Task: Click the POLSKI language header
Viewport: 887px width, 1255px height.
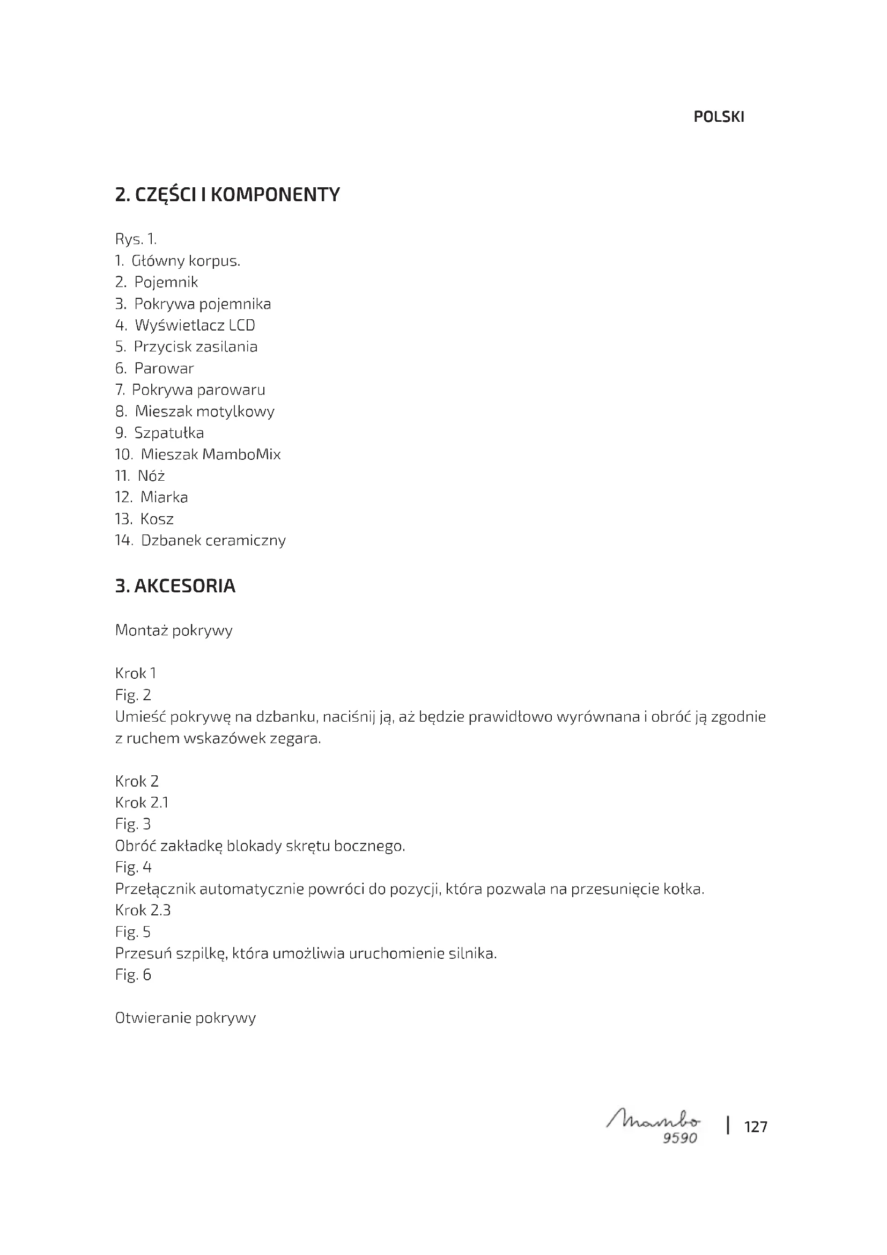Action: [x=718, y=117]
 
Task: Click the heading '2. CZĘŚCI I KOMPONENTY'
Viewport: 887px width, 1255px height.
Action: [x=227, y=195]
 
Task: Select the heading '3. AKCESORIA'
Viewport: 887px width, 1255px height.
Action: [x=175, y=586]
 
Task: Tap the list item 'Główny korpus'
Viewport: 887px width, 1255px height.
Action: [x=186, y=261]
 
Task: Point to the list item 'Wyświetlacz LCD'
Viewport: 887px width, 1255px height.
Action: [x=195, y=325]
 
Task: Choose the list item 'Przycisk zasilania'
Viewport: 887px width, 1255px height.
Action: [x=196, y=347]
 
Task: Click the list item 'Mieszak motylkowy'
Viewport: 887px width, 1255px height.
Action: [x=204, y=411]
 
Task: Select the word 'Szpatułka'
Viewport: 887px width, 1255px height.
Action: [x=169, y=433]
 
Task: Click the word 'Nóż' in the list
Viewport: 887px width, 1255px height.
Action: [x=151, y=475]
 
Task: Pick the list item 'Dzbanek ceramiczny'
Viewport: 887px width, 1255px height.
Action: [x=213, y=540]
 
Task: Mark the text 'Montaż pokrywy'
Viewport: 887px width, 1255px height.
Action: [x=174, y=630]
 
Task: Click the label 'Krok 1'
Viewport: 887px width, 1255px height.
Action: [x=136, y=673]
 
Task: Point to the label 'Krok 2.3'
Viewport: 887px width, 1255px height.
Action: [x=143, y=910]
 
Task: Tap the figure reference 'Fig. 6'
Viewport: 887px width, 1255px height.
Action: [x=132, y=974]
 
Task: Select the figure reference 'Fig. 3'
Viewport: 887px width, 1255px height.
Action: [x=132, y=824]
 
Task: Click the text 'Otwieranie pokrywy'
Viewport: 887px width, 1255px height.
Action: [x=185, y=1018]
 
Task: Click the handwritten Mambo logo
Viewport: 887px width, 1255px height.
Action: [x=653, y=1121]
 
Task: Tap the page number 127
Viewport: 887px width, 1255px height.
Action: [x=756, y=1127]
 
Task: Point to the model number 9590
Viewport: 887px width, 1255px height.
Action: [x=679, y=1138]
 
